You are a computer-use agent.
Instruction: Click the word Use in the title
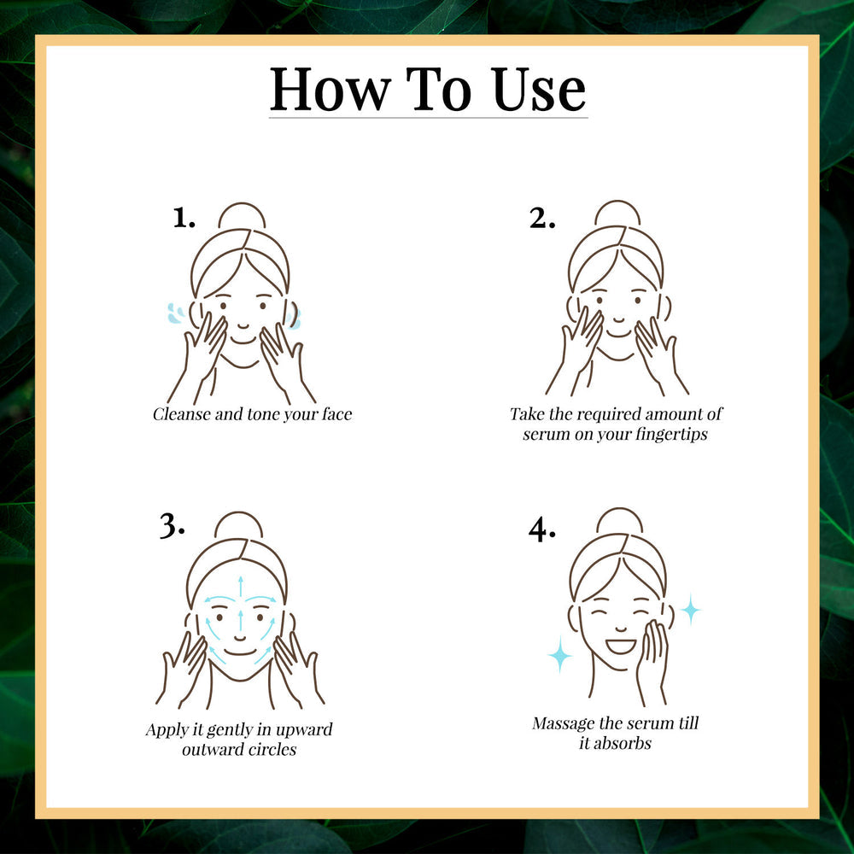point(539,90)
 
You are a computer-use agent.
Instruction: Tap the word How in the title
point(330,90)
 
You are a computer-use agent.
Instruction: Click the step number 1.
point(184,218)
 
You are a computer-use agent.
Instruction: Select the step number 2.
point(542,219)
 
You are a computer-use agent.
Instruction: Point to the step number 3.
point(172,526)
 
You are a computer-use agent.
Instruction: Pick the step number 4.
point(542,529)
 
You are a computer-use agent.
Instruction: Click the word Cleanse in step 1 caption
point(181,414)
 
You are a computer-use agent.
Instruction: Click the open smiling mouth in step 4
point(621,646)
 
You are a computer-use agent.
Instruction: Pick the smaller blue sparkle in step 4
point(691,610)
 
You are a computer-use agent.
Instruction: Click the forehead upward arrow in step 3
point(240,587)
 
